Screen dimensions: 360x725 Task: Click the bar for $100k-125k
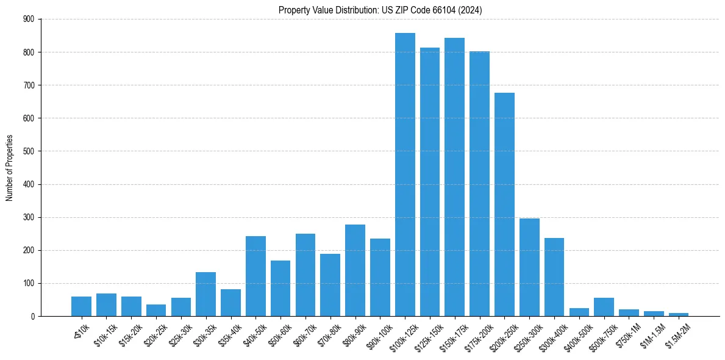pyautogui.click(x=405, y=175)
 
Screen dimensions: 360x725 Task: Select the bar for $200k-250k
pyautogui.click(x=504, y=204)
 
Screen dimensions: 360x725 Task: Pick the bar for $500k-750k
pyautogui.click(x=604, y=307)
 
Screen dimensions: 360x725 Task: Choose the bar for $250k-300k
pyautogui.click(x=529, y=267)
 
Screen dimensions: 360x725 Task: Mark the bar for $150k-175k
pyautogui.click(x=454, y=177)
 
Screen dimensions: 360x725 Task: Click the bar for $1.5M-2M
pyautogui.click(x=679, y=314)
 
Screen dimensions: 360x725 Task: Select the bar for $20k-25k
pyautogui.click(x=155, y=310)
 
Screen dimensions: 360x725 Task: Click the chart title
pyautogui.click(x=380, y=10)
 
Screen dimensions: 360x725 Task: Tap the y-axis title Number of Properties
pyautogui.click(x=9, y=168)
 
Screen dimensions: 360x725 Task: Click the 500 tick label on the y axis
pyautogui.click(x=29, y=151)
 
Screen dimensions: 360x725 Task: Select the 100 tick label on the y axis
pyautogui.click(x=29, y=283)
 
